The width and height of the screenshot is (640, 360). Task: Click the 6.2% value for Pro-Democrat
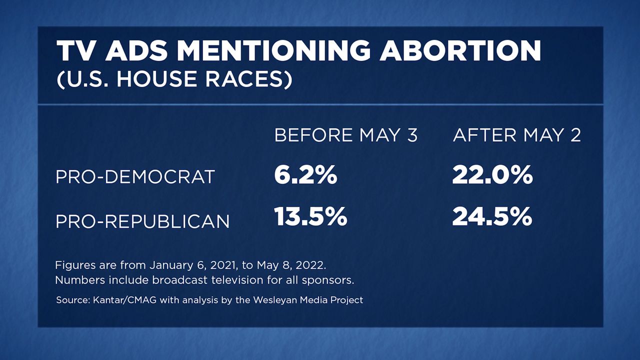(x=305, y=175)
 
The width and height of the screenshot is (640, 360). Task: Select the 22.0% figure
(x=492, y=175)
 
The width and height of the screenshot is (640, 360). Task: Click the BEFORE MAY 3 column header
(x=345, y=135)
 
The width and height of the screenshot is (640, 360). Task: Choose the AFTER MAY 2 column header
(x=516, y=135)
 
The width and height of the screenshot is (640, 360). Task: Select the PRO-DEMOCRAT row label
(x=135, y=177)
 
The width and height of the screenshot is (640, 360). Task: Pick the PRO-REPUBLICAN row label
(x=142, y=220)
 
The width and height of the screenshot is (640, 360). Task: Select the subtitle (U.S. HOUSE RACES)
(x=173, y=79)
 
